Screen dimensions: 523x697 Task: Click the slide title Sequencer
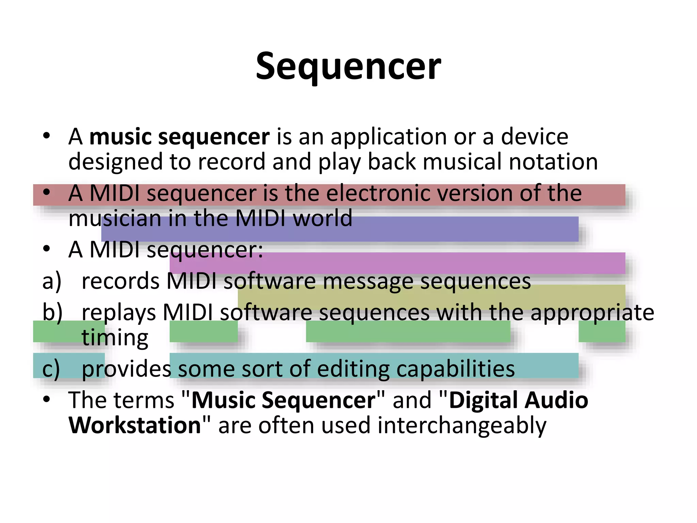coord(348,66)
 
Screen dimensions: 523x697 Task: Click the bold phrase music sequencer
coord(179,137)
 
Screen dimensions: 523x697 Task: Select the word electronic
coord(378,193)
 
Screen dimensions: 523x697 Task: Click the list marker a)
coord(52,282)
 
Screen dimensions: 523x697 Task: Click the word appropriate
coord(592,313)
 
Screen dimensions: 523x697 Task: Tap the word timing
coord(115,338)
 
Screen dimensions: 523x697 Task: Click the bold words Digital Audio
coord(518,400)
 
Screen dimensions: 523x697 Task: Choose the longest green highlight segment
coord(408,331)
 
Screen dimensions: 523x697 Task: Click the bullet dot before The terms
coord(47,399)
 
